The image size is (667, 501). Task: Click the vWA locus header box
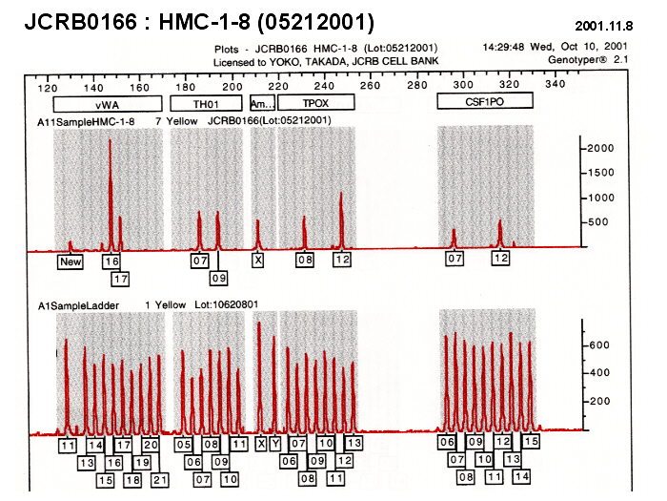tap(105, 103)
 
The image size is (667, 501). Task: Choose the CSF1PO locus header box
tap(484, 101)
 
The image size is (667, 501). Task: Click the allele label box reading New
tap(70, 261)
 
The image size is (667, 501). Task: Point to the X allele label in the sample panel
tap(257, 260)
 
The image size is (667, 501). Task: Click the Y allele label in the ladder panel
tap(275, 444)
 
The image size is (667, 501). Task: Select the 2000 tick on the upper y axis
tap(599, 149)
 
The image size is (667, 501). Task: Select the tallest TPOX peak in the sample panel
tap(341, 196)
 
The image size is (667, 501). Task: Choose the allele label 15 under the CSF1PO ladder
tap(530, 442)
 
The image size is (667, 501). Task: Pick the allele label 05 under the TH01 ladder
tap(183, 445)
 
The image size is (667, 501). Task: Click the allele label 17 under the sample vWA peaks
tap(120, 279)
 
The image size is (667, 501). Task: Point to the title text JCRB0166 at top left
tap(80, 20)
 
